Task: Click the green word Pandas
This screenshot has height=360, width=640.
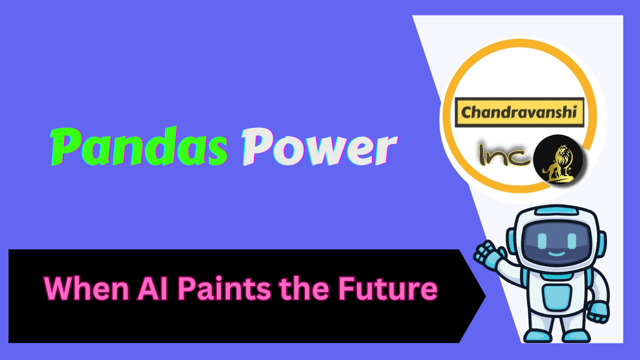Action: point(139,147)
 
